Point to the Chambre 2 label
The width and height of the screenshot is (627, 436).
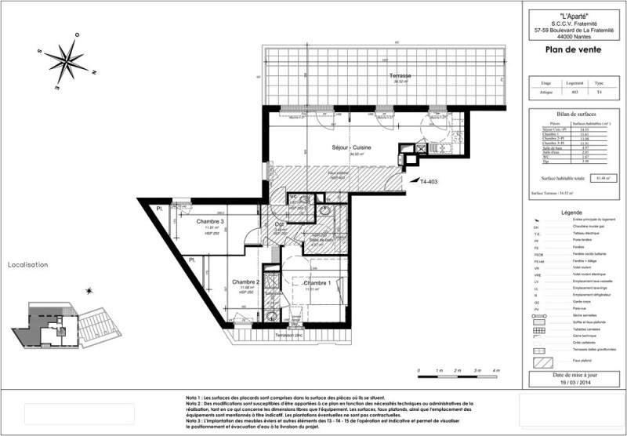click(x=245, y=282)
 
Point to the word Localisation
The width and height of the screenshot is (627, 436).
click(x=28, y=265)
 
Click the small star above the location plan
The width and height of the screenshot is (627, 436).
click(x=90, y=291)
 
